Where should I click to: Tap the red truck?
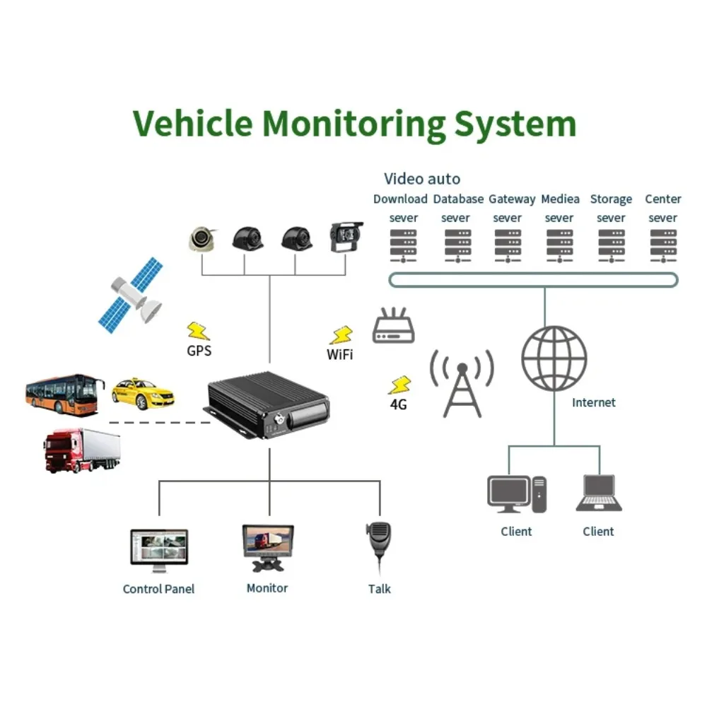point(81,450)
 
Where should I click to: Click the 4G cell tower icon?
point(462,385)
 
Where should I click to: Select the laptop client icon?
point(599,493)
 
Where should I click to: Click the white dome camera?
point(202,238)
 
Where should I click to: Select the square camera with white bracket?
point(346,238)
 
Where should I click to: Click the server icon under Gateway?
point(507,245)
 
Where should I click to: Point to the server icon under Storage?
point(611,245)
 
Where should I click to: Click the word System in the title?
point(515,124)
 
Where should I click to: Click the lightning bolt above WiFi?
point(342,334)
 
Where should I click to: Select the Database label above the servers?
point(458,199)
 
